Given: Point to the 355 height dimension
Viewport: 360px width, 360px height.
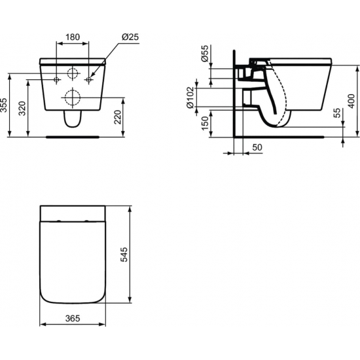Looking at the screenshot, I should pyautogui.click(x=5, y=106).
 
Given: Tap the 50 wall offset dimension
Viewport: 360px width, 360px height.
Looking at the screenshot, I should pyautogui.click(x=257, y=148).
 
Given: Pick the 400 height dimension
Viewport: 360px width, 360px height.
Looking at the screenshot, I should pyautogui.click(x=351, y=101).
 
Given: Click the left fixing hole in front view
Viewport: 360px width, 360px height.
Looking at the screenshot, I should pyautogui.click(x=57, y=80).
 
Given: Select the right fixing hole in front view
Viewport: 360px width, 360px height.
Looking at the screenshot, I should pyautogui.click(x=89, y=80).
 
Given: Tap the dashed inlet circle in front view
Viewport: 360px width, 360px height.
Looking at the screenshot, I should pyautogui.click(x=73, y=74).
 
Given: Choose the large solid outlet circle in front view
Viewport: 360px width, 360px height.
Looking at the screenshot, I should pyautogui.click(x=73, y=99).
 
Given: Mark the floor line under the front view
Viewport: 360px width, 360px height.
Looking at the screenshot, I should pyautogui.click(x=73, y=137).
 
